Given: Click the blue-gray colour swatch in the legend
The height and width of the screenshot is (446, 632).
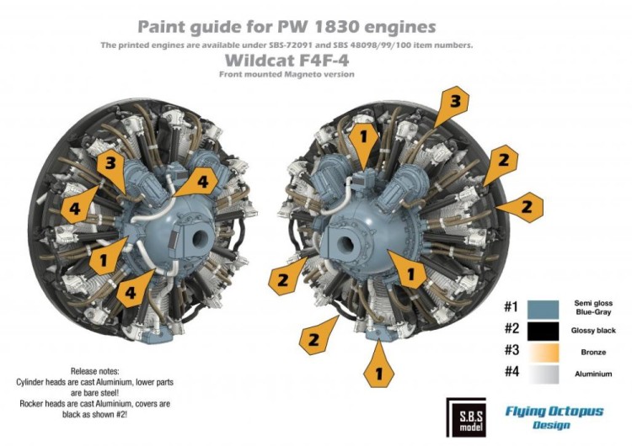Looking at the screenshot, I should [549, 307].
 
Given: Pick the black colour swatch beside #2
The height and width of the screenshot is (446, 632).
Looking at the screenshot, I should [549, 330].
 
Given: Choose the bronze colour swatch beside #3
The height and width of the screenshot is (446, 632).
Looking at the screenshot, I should [549, 352].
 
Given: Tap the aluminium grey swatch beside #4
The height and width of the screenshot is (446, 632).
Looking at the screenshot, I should [549, 374].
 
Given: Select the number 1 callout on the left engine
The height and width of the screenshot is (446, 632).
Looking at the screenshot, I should [102, 259].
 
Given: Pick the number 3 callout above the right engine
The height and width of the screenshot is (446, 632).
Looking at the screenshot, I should [453, 103].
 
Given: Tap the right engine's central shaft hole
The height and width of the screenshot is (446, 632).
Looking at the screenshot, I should [345, 243].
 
